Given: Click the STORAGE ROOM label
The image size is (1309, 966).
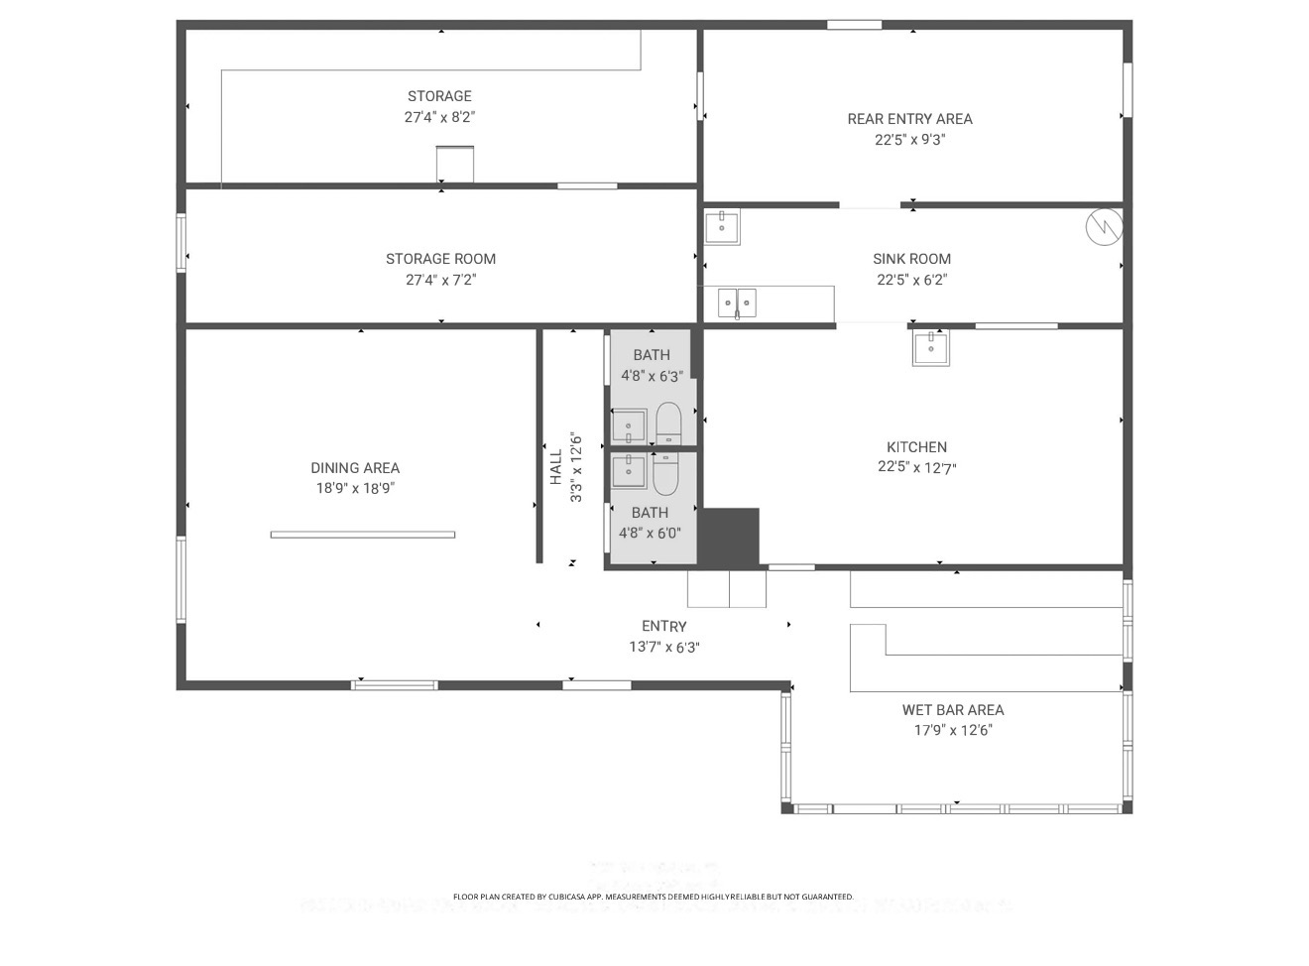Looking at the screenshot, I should (x=440, y=259).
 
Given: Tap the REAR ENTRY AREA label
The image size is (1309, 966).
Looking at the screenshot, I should (x=909, y=119).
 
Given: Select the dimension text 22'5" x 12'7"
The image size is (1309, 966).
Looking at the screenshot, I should (x=916, y=468).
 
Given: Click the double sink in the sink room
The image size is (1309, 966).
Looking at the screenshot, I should (x=737, y=302).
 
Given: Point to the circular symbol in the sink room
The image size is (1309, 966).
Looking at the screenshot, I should (x=1104, y=227).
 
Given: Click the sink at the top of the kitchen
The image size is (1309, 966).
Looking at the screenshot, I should (x=930, y=347).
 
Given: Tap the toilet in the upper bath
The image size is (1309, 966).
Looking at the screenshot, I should (x=668, y=424).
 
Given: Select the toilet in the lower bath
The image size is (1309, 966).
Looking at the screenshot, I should (x=664, y=474).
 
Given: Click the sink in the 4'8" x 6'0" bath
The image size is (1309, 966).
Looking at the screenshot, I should (x=629, y=471).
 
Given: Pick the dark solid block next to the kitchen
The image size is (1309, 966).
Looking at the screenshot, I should (x=731, y=538).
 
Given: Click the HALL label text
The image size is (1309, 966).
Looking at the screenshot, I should (x=556, y=467).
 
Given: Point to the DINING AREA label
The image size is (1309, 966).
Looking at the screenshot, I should (x=355, y=468).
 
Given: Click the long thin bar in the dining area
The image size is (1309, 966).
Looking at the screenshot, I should (x=363, y=535).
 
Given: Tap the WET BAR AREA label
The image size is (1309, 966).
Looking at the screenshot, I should (x=952, y=710).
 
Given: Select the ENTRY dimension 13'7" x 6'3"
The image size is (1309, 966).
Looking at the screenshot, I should (x=663, y=648).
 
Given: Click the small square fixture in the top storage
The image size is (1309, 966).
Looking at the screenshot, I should (x=455, y=164).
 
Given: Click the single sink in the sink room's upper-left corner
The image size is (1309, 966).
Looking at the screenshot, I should (x=722, y=227).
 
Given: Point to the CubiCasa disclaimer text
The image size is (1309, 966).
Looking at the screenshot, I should (x=653, y=897).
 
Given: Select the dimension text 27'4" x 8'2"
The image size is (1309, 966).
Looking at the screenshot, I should (x=439, y=117).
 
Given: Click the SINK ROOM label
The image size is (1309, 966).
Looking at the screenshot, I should (x=911, y=259).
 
